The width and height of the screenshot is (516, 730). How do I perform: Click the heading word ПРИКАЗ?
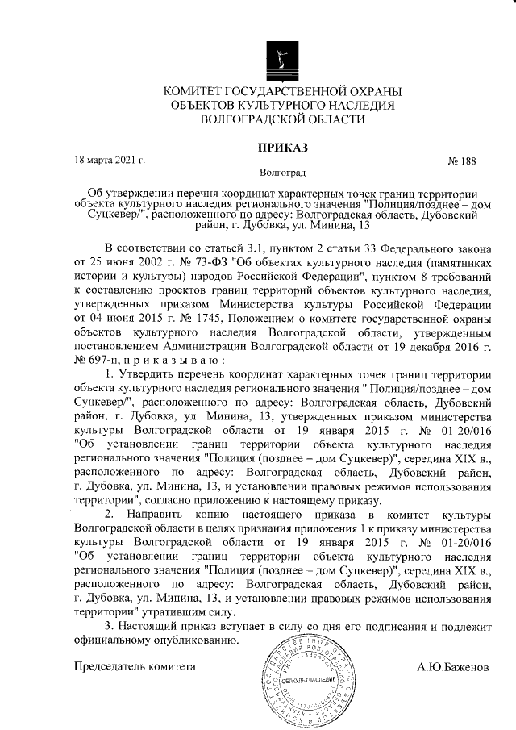click(282, 147)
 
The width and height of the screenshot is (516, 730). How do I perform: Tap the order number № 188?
click(461, 161)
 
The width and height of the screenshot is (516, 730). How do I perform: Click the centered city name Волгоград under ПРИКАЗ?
click(283, 173)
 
